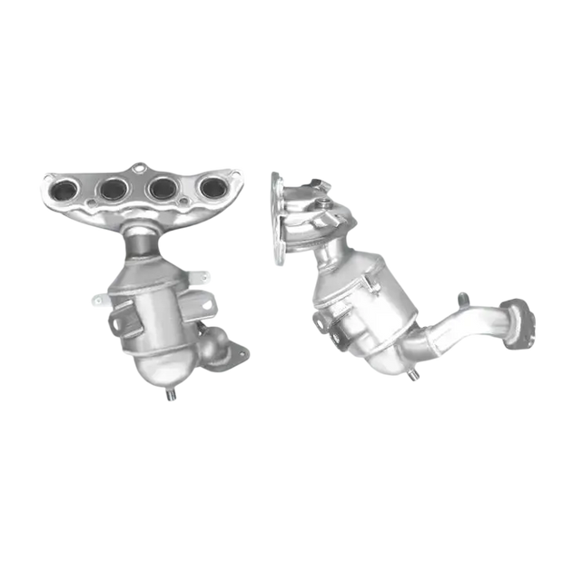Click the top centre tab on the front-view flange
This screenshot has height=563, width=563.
pyautogui.click(x=139, y=167)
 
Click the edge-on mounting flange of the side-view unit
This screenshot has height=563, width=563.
pyautogui.click(x=276, y=218)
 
